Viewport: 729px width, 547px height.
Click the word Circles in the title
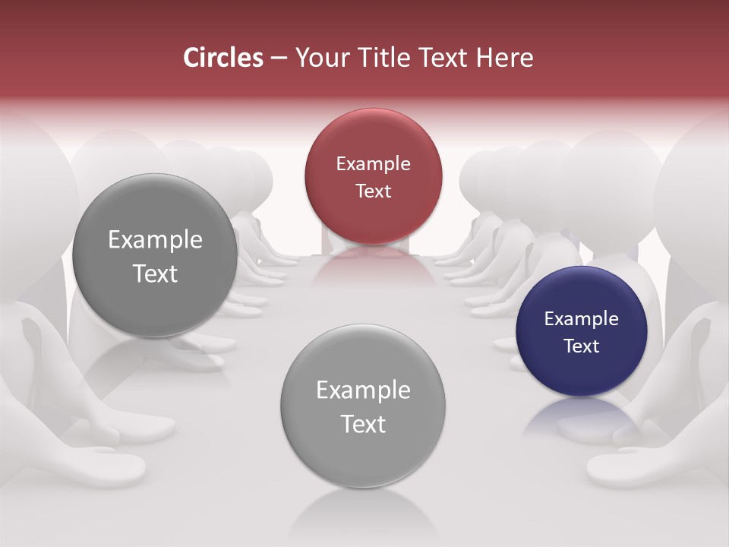pyautogui.click(x=223, y=58)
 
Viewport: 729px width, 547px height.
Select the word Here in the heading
pyautogui.click(x=505, y=58)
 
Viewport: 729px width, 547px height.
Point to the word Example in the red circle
pyautogui.click(x=373, y=164)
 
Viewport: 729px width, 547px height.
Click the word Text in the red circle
pyautogui.click(x=373, y=191)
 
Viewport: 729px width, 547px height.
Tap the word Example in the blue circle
pyautogui.click(x=582, y=319)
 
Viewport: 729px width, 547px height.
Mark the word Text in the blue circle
pyautogui.click(x=582, y=346)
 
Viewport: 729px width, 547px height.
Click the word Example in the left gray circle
pyautogui.click(x=155, y=240)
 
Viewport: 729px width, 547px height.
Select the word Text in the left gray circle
pyautogui.click(x=155, y=273)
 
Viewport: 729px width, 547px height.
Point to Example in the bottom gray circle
pyautogui.click(x=363, y=390)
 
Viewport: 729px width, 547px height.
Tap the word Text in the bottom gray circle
pyautogui.click(x=363, y=424)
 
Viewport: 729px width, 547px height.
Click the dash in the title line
pyautogui.click(x=279, y=58)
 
